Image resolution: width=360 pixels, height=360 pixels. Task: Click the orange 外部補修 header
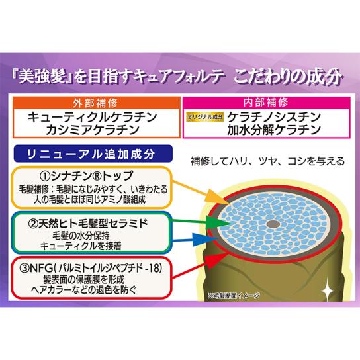pyautogui.click(x=97, y=103)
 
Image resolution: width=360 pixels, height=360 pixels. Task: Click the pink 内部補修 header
pyautogui.click(x=266, y=103)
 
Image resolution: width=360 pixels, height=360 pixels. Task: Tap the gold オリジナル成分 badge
pyautogui.click(x=204, y=117)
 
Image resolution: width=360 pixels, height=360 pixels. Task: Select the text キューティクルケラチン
pyautogui.click(x=93, y=117)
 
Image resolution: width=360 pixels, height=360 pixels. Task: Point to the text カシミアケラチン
pyautogui.click(x=93, y=130)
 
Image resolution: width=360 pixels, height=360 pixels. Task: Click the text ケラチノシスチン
pyautogui.click(x=274, y=117)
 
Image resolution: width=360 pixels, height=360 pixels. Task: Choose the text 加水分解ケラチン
pyautogui.click(x=274, y=130)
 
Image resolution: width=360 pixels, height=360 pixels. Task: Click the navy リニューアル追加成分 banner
pyautogui.click(x=93, y=154)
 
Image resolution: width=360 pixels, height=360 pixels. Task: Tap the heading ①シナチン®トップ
pyautogui.click(x=87, y=176)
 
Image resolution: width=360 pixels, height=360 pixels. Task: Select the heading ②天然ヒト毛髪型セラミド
pyautogui.click(x=88, y=224)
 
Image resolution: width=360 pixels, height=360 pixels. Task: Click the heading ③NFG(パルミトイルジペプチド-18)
pyautogui.click(x=91, y=268)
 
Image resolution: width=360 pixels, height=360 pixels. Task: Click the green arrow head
pyautogui.click(x=219, y=222)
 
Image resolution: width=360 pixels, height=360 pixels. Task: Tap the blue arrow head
pyautogui.click(x=204, y=240)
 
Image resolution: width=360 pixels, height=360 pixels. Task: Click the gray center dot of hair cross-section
pyautogui.click(x=273, y=224)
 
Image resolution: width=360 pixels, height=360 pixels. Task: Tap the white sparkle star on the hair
pyautogui.click(x=327, y=289)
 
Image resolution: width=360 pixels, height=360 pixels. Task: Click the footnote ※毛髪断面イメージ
pyautogui.click(x=234, y=296)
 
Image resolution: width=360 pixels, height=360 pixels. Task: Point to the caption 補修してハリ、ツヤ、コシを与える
pyautogui.click(x=267, y=161)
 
